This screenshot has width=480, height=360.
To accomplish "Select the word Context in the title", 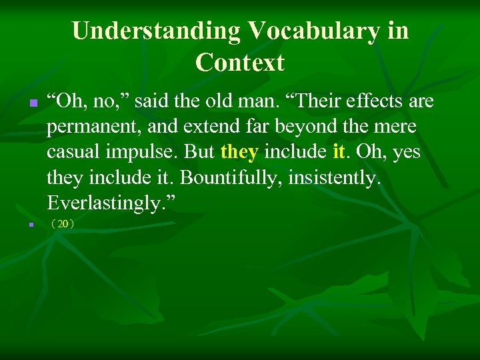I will (x=240, y=63).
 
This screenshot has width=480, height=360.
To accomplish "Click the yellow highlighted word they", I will (x=239, y=152).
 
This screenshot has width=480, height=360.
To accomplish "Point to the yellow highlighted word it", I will (x=338, y=152).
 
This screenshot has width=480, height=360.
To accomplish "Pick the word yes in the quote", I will (x=406, y=152).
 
